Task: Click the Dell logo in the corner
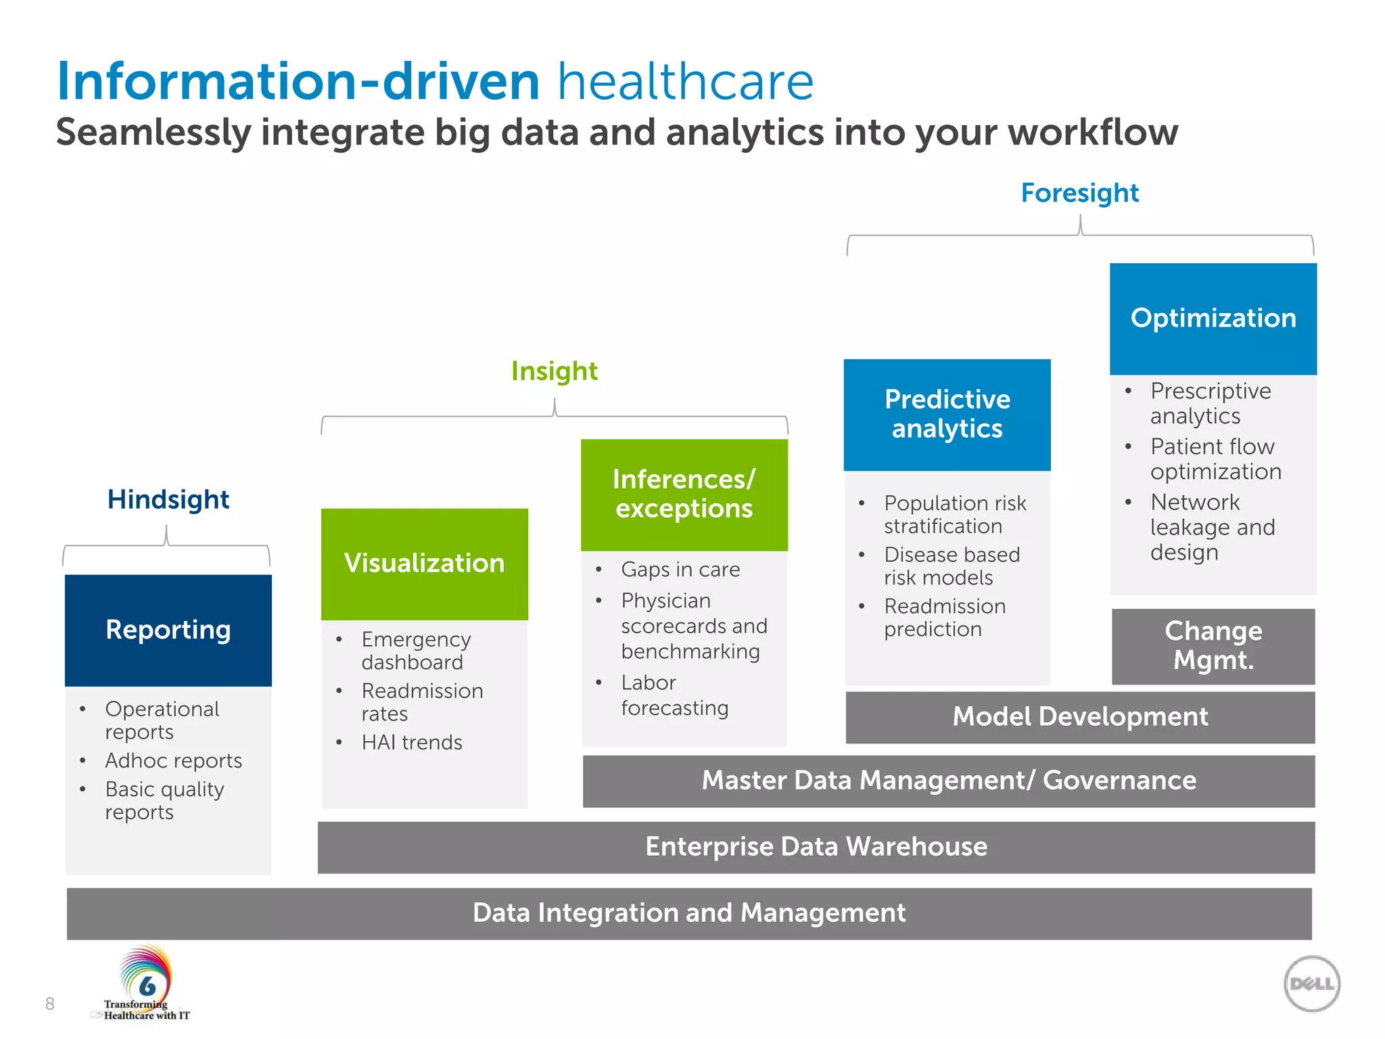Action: point(1311,984)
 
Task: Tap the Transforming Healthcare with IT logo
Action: point(146,984)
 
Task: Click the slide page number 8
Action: point(49,1004)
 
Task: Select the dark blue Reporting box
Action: point(168,630)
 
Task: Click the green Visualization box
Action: point(425,563)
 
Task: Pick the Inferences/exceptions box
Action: point(684,494)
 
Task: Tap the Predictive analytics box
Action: point(947,415)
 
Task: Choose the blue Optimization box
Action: point(1213,319)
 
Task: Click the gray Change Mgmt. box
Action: point(1213,646)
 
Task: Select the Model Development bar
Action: point(1080,717)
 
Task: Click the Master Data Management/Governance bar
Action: point(949,781)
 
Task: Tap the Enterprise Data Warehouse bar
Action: point(816,847)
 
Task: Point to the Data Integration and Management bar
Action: point(689,913)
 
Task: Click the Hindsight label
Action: point(168,500)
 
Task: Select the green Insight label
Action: point(555,371)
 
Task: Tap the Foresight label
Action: point(1080,193)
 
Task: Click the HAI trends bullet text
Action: point(412,743)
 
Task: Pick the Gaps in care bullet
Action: point(680,570)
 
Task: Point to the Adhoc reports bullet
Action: point(174,761)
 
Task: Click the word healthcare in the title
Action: point(685,82)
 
